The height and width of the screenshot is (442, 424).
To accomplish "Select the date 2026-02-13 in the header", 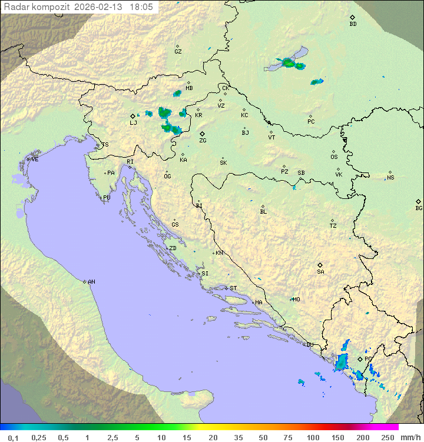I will [x=101, y=7].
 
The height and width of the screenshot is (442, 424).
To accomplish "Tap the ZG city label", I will [x=203, y=141].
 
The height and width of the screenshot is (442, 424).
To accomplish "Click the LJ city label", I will [x=133, y=123].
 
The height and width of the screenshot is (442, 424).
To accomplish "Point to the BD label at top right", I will [x=353, y=24].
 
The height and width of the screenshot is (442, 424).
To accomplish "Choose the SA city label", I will [x=320, y=272].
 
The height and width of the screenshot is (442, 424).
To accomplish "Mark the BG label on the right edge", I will [x=419, y=208].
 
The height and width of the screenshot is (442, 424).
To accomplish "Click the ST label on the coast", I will [x=233, y=288].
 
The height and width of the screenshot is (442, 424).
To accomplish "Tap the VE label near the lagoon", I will [x=35, y=159].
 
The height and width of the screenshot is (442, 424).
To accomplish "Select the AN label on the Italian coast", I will [x=91, y=282].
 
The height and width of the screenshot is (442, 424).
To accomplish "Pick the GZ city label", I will [x=178, y=52].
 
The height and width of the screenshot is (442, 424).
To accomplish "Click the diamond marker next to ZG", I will [x=202, y=134].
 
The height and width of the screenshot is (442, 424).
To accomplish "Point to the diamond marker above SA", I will [x=320, y=265].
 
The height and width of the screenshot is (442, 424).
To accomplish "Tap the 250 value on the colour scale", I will [x=387, y=437].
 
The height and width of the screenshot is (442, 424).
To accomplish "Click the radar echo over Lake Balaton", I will [x=289, y=62].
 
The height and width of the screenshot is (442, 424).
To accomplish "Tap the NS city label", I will [x=390, y=178].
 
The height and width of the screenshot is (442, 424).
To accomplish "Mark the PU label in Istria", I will [x=107, y=198].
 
